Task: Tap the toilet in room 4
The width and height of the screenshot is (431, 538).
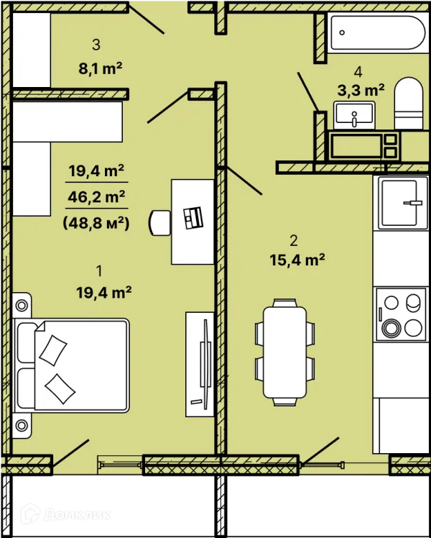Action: click(x=409, y=103)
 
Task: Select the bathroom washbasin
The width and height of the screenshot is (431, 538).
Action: click(x=354, y=115)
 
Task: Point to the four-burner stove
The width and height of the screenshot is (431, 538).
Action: click(x=402, y=314)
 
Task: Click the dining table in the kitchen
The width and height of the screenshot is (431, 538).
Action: click(x=284, y=352)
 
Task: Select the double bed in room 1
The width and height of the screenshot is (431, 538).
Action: click(x=71, y=365)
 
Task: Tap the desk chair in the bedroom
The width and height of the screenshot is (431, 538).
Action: click(x=159, y=223)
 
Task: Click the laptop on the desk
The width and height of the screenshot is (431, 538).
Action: click(x=193, y=217)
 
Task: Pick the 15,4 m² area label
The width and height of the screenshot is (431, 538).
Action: click(x=297, y=260)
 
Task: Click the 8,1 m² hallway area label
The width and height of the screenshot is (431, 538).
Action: click(x=101, y=68)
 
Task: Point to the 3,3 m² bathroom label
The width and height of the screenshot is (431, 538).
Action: click(x=361, y=90)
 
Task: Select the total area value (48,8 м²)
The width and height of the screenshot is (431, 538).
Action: click(x=96, y=224)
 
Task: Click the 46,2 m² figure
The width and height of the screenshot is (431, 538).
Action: click(x=96, y=196)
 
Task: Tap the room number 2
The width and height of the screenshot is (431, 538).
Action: click(x=294, y=241)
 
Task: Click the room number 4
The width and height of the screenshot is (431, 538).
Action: click(x=358, y=72)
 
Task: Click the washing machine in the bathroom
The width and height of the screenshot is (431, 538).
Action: click(x=364, y=146)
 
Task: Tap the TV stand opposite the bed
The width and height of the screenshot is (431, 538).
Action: click(x=200, y=364)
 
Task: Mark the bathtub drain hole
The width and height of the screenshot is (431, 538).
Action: click(x=342, y=32)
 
